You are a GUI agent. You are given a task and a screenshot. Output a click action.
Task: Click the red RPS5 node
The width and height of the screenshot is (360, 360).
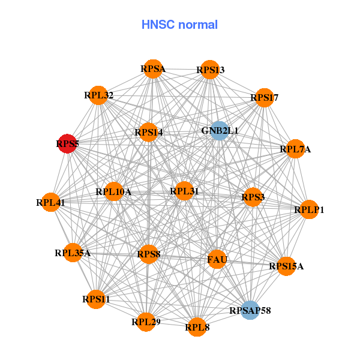click(68, 144)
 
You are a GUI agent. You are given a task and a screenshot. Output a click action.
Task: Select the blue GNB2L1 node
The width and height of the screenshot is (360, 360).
click(219, 131)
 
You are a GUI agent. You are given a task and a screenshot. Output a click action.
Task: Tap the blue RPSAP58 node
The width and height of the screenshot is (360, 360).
click(250, 310)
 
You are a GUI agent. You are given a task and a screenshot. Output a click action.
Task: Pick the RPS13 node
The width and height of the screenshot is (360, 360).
click(210, 70)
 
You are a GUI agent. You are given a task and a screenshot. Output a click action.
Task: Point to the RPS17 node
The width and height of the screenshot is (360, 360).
click(265, 97)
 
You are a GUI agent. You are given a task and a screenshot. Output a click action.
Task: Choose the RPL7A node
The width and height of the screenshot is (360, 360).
click(295, 149)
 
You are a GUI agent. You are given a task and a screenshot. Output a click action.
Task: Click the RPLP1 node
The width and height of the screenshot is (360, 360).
click(309, 209)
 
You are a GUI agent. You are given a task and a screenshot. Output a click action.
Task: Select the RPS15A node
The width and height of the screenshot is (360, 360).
click(286, 266)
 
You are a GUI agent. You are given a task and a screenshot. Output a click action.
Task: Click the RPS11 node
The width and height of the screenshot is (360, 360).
click(96, 299)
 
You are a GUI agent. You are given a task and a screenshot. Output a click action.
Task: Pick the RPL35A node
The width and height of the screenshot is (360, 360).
click(73, 253)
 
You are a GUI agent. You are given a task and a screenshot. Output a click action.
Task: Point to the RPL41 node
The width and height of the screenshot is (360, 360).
click(51, 203)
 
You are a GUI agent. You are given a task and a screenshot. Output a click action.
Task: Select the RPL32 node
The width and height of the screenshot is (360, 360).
click(98, 95)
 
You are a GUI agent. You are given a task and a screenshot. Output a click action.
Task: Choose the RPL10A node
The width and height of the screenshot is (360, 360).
click(113, 192)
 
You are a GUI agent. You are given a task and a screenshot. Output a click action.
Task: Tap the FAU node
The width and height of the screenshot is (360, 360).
click(217, 260)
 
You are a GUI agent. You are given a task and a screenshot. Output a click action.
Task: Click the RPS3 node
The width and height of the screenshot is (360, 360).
click(253, 197)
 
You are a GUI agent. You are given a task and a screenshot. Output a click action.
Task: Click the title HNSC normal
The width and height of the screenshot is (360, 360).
click(179, 25)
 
